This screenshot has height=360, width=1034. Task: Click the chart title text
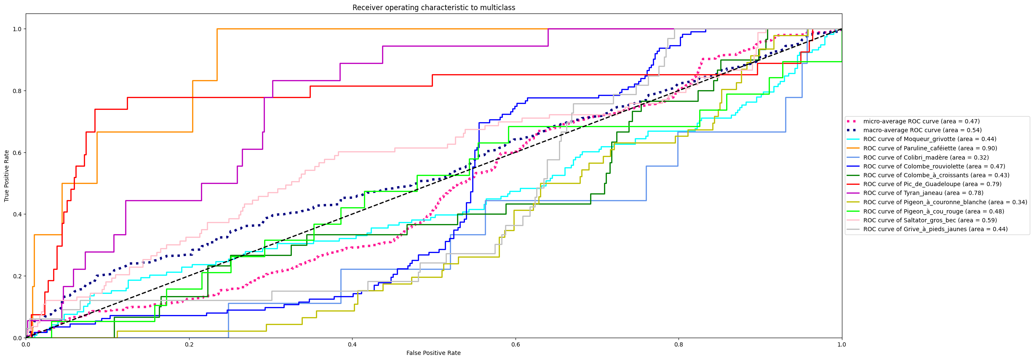click(x=433, y=8)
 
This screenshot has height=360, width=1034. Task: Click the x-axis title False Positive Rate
click(x=433, y=353)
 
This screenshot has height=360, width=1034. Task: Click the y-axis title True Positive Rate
click(x=7, y=176)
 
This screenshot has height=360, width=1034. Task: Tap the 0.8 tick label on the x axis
click(x=679, y=344)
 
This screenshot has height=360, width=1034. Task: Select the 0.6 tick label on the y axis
click(x=17, y=152)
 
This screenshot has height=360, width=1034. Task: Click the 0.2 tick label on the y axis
click(x=17, y=276)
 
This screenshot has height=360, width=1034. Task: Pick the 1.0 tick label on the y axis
click(x=17, y=29)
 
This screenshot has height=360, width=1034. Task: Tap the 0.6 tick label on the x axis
click(x=515, y=344)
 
